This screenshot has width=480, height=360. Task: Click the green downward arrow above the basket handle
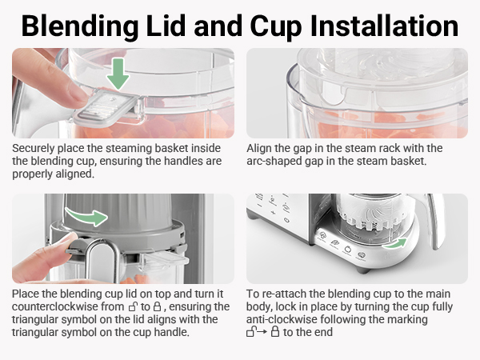[x=118, y=74]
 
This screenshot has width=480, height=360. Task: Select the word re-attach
[x=285, y=294]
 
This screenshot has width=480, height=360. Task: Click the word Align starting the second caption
[x=261, y=149]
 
